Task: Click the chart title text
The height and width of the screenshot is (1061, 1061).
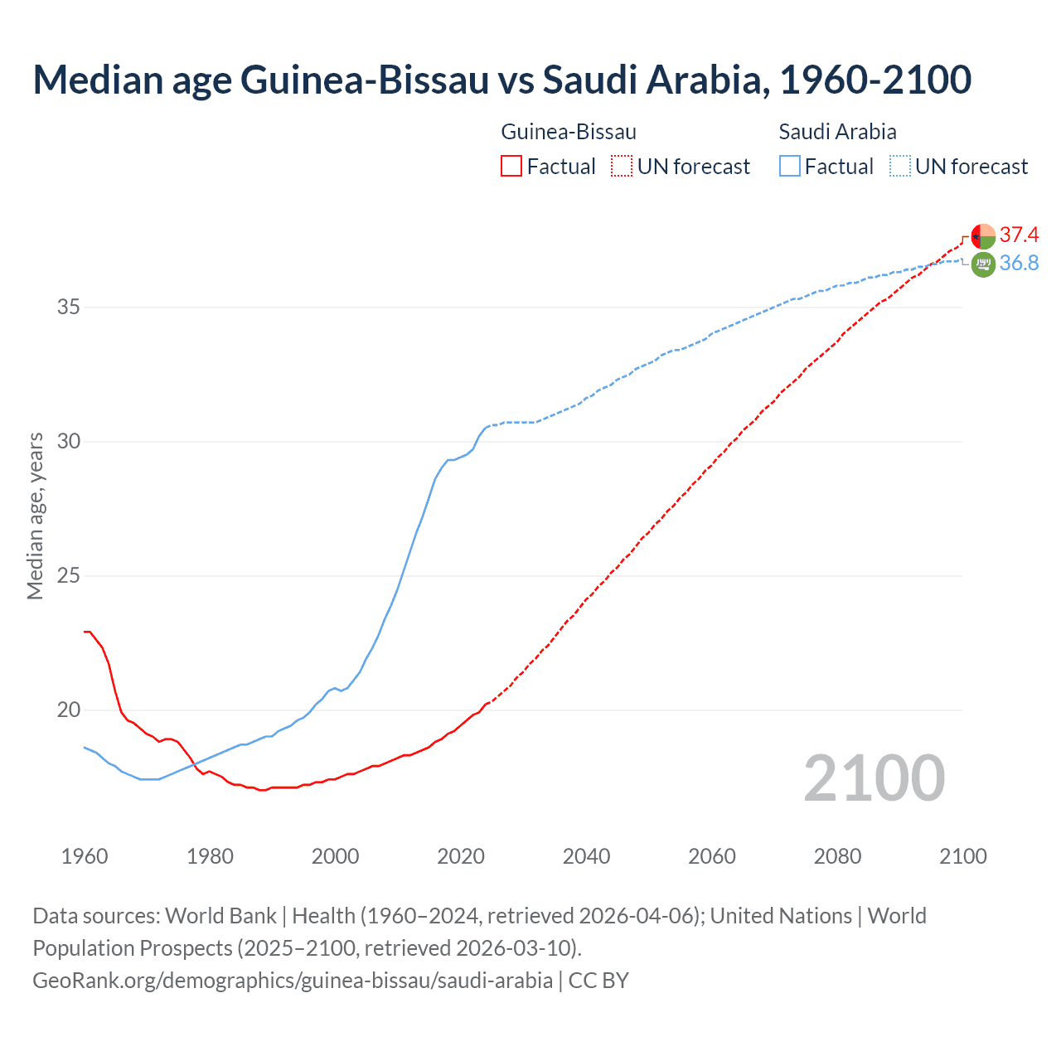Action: pyautogui.click(x=501, y=80)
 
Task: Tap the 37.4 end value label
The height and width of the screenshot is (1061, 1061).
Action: pyautogui.click(x=1019, y=235)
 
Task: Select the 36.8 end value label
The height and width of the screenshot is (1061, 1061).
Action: pyautogui.click(x=1019, y=263)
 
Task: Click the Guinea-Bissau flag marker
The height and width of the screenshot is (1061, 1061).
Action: pyautogui.click(x=983, y=236)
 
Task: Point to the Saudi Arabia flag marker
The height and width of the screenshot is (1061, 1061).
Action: pyautogui.click(x=983, y=264)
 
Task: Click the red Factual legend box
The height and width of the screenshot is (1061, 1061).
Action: pyautogui.click(x=511, y=167)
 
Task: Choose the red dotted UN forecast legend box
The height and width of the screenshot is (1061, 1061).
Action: pyautogui.click(x=622, y=167)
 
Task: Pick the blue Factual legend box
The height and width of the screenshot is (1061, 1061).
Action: pyautogui.click(x=790, y=167)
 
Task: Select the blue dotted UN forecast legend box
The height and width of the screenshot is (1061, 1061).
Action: pyautogui.click(x=900, y=167)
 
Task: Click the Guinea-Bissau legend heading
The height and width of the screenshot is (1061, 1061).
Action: pyautogui.click(x=569, y=132)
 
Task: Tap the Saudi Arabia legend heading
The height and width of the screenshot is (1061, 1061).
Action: pyautogui.click(x=837, y=132)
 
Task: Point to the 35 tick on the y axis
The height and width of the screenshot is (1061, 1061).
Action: pyautogui.click(x=69, y=308)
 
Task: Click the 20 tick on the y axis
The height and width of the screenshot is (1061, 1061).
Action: pyautogui.click(x=69, y=710)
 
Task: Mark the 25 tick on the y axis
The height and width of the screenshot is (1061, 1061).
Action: pyautogui.click(x=69, y=576)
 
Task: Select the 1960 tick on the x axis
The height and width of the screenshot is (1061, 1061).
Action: pyautogui.click(x=85, y=856)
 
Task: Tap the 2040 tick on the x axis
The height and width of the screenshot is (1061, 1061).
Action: pyautogui.click(x=586, y=856)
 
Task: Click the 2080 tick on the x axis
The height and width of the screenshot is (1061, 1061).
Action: pyautogui.click(x=837, y=856)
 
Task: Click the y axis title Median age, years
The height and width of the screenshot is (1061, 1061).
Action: pyautogui.click(x=35, y=516)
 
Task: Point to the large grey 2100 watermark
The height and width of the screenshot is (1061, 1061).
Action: pyautogui.click(x=874, y=778)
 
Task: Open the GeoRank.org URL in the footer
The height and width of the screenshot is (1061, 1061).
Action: pyautogui.click(x=293, y=981)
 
